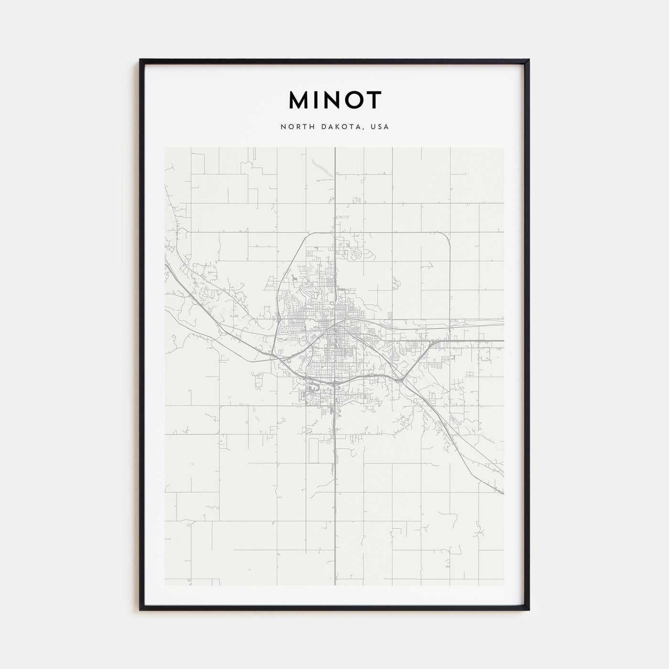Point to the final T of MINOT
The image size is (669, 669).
click(375, 100)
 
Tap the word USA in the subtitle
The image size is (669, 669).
click(380, 127)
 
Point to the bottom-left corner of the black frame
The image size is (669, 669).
click(140, 609)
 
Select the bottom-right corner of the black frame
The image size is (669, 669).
click(529, 609)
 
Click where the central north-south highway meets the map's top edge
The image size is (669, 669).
click(335, 148)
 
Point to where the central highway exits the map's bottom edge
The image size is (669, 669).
click(335, 585)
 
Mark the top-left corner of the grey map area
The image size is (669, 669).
click(165, 148)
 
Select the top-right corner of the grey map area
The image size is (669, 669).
click(504, 148)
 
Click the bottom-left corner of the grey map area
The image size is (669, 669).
click(165, 585)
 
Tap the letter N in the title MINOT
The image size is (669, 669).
click(335, 100)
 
